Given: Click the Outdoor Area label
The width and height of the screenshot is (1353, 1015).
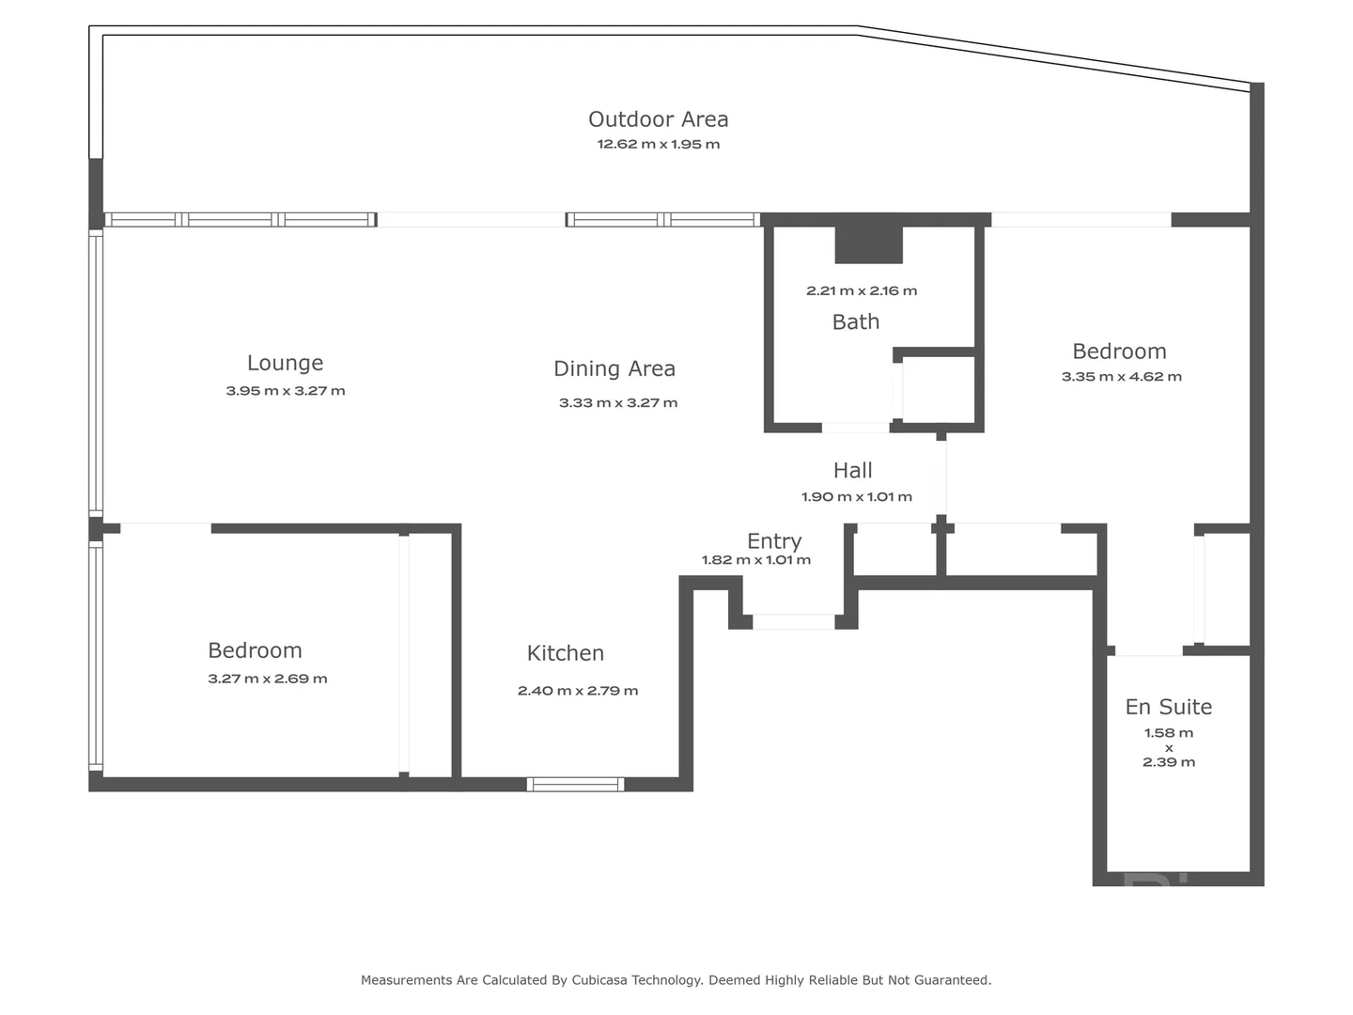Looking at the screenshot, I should pyautogui.click(x=658, y=119).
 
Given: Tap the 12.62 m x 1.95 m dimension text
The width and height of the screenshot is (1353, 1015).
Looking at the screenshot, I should pyautogui.click(x=658, y=145).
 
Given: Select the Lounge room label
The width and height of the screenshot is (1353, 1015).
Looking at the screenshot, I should pyautogui.click(x=285, y=363).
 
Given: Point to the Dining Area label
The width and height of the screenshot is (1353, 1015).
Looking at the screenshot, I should pyautogui.click(x=614, y=368).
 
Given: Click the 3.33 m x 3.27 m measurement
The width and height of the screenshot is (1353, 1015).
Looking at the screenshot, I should pyautogui.click(x=617, y=403).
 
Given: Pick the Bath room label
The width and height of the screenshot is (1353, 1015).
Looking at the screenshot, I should pyautogui.click(x=856, y=322).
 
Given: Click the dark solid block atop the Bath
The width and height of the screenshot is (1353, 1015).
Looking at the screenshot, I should pyautogui.click(x=869, y=244).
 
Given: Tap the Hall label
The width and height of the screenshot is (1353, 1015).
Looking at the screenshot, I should pyautogui.click(x=852, y=471).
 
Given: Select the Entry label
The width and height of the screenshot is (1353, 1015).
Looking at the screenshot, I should pyautogui.click(x=774, y=541).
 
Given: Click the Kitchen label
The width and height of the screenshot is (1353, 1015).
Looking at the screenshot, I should pyautogui.click(x=565, y=653).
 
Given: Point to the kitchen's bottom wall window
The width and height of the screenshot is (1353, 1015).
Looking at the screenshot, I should pyautogui.click(x=575, y=785).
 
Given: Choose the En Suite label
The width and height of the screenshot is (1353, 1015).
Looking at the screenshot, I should pyautogui.click(x=1168, y=707).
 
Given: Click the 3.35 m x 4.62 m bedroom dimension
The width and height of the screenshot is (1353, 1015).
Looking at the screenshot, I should pyautogui.click(x=1121, y=377).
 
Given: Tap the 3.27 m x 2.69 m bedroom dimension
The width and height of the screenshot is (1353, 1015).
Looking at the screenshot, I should pyautogui.click(x=267, y=679).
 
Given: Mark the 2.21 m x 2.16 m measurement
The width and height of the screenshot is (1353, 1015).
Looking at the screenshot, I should pyautogui.click(x=861, y=291).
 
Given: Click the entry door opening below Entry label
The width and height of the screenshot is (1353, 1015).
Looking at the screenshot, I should pyautogui.click(x=793, y=621).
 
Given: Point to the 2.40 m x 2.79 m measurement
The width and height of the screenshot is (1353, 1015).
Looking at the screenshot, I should pyautogui.click(x=577, y=691).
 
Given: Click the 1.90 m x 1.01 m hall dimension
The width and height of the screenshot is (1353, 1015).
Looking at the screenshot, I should pyautogui.click(x=856, y=497).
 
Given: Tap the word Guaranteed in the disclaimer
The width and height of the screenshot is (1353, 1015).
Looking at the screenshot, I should pyautogui.click(x=951, y=980).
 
